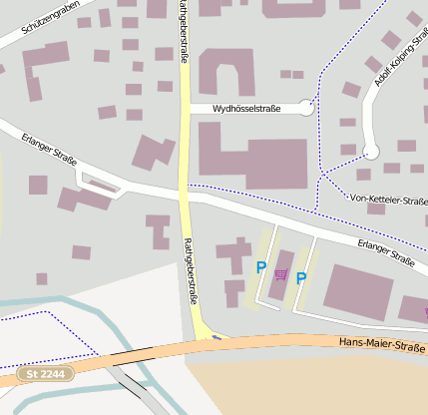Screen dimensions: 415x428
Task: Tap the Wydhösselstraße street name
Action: (247, 109)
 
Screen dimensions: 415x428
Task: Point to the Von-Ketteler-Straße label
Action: (388, 200)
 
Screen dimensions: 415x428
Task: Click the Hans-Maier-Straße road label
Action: (382, 344)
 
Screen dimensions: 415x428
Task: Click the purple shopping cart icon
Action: (280, 274)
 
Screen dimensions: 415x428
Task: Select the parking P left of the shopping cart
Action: (261, 267)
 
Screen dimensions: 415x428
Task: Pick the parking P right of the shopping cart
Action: (300, 278)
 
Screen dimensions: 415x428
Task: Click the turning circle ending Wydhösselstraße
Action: (306, 108)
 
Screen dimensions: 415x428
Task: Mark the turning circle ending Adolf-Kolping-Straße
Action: (371, 152)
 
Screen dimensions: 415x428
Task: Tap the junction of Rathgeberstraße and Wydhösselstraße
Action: (185, 109)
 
